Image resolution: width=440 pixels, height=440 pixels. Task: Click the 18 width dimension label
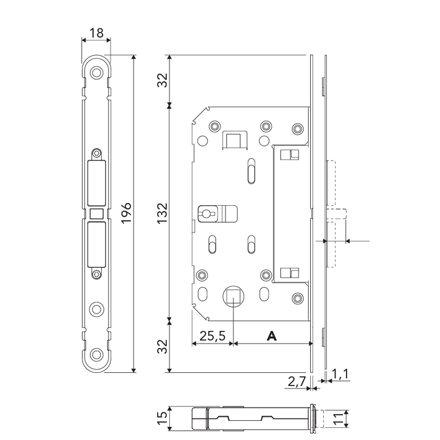[x=96, y=33]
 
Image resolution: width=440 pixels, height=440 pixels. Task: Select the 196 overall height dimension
[x=126, y=213]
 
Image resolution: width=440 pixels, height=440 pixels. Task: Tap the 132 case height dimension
[x=162, y=213]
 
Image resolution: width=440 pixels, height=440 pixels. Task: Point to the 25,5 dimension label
[x=212, y=335]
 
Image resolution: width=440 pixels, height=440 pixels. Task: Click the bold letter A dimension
[x=272, y=335]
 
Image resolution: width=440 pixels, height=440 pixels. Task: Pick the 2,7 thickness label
[x=296, y=381]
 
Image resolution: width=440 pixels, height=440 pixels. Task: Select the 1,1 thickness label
[x=340, y=374]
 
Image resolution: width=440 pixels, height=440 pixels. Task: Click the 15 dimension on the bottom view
[x=162, y=418]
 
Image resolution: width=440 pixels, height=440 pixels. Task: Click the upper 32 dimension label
[x=162, y=80]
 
